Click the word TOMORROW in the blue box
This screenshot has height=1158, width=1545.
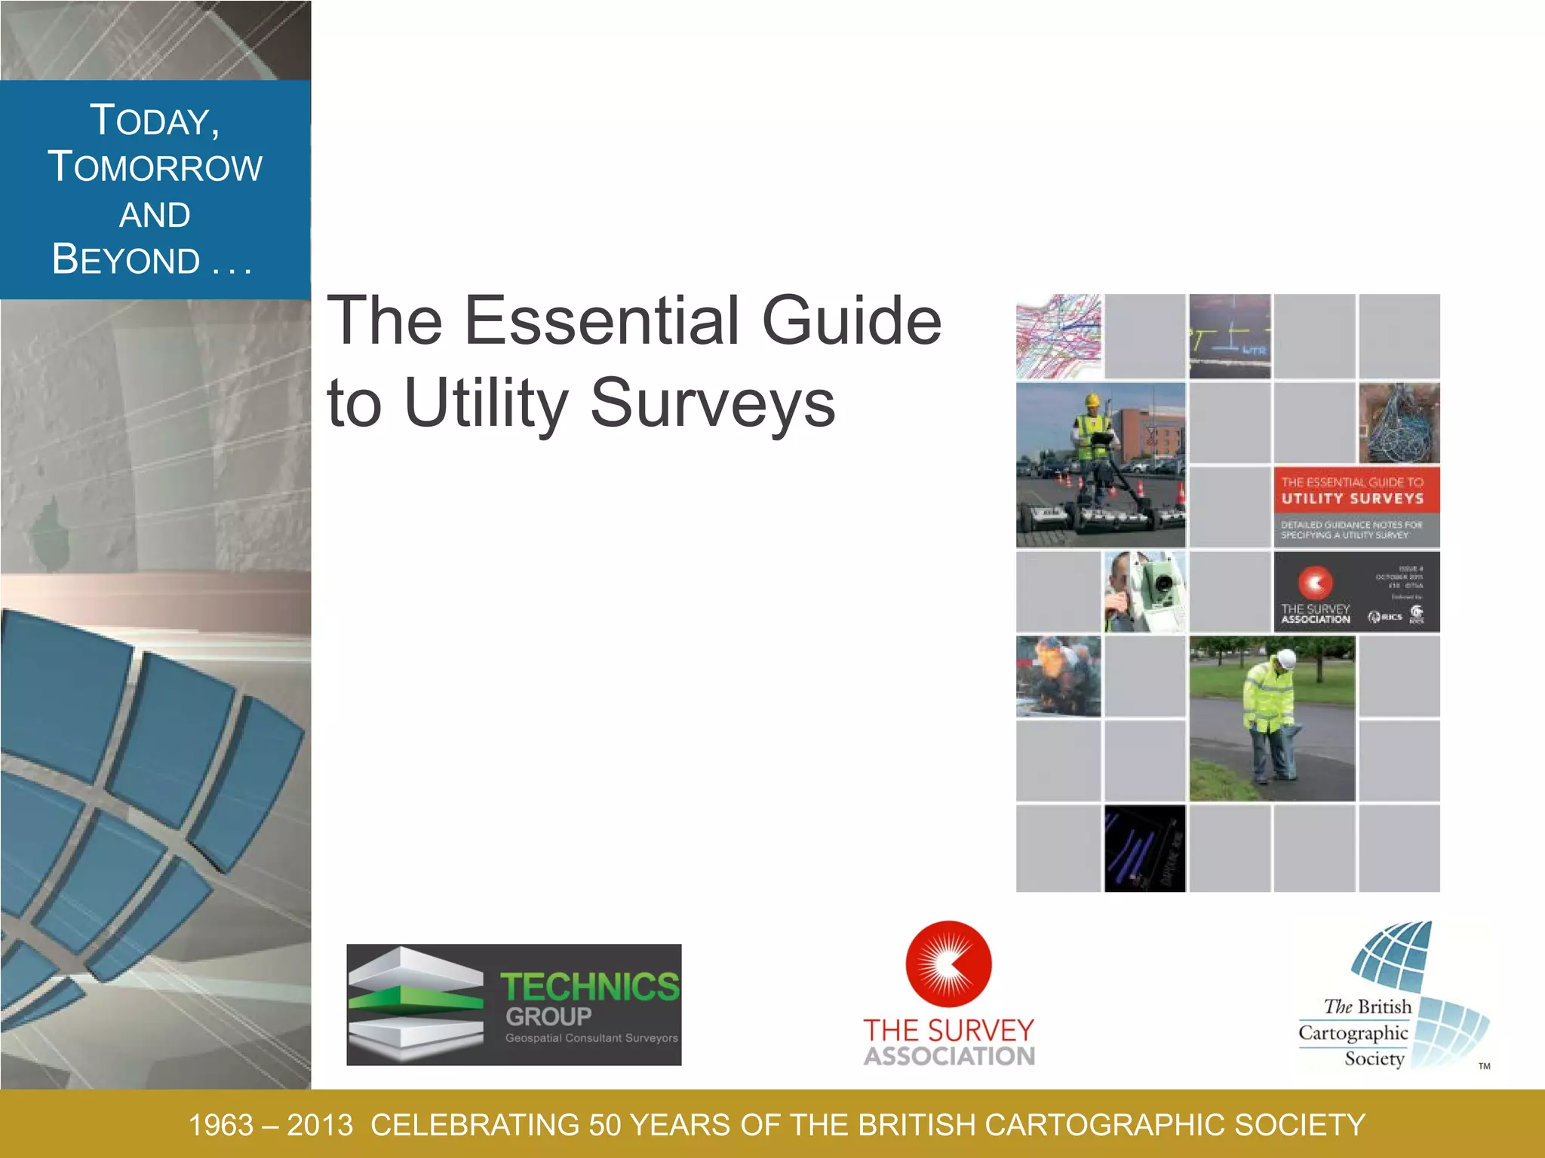(x=155, y=167)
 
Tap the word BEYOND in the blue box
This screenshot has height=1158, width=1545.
(x=127, y=260)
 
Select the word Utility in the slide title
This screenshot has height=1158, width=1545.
(x=486, y=403)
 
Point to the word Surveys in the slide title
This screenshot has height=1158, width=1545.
(x=712, y=403)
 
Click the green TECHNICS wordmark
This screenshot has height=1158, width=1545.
(x=590, y=986)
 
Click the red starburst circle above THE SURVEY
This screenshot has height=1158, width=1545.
(x=948, y=964)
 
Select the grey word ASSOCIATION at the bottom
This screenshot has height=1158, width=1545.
(x=949, y=1056)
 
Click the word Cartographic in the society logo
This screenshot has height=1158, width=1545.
(x=1353, y=1033)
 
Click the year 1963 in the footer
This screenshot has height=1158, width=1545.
(x=220, y=1126)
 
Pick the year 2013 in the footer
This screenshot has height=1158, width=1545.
(x=320, y=1126)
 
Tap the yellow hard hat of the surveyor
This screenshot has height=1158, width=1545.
(x=1092, y=400)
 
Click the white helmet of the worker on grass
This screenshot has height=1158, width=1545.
(x=1284, y=657)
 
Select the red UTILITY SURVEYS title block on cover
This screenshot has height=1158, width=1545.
(x=1356, y=490)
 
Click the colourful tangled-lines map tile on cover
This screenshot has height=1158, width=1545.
(x=1058, y=336)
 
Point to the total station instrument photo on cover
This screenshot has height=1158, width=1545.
(x=1144, y=592)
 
